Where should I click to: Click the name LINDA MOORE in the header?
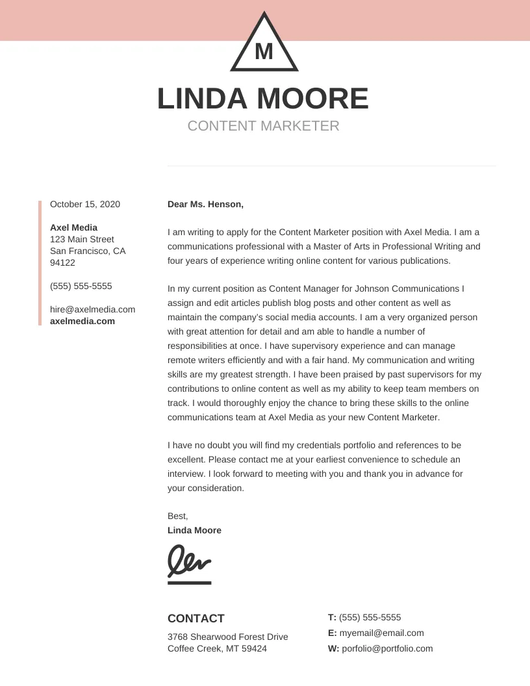263,99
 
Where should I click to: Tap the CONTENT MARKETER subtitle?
263,126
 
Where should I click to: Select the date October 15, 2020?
85,204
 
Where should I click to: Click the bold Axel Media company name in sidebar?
73,227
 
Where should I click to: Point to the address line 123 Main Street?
82,239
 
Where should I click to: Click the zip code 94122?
62,262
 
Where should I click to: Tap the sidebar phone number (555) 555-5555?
81,286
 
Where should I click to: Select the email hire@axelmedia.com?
92,309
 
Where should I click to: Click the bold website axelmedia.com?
82,321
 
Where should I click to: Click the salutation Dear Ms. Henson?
205,204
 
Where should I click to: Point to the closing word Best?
177,516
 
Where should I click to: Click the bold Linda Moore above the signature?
194,530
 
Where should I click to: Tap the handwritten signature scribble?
189,560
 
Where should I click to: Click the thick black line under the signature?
189,583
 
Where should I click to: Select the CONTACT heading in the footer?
196,618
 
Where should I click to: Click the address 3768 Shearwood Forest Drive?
227,637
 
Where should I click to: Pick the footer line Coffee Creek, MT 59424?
217,648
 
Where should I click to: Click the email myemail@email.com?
381,633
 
